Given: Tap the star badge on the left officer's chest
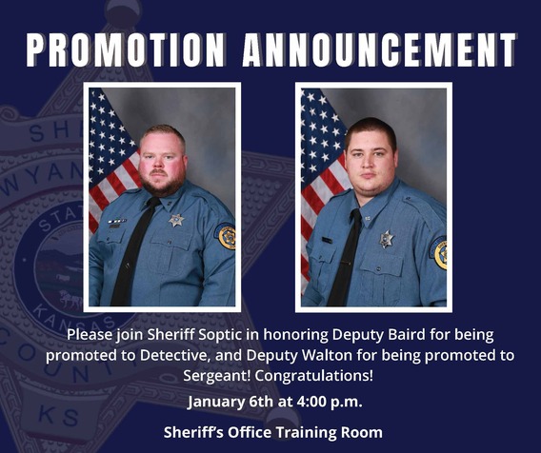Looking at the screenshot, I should click(176, 220).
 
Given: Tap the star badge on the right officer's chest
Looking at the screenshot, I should click(387, 238).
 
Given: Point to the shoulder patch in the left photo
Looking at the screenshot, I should click(227, 237).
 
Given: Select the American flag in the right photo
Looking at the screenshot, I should click(319, 171).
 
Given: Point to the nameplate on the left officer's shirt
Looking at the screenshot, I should click(116, 222).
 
